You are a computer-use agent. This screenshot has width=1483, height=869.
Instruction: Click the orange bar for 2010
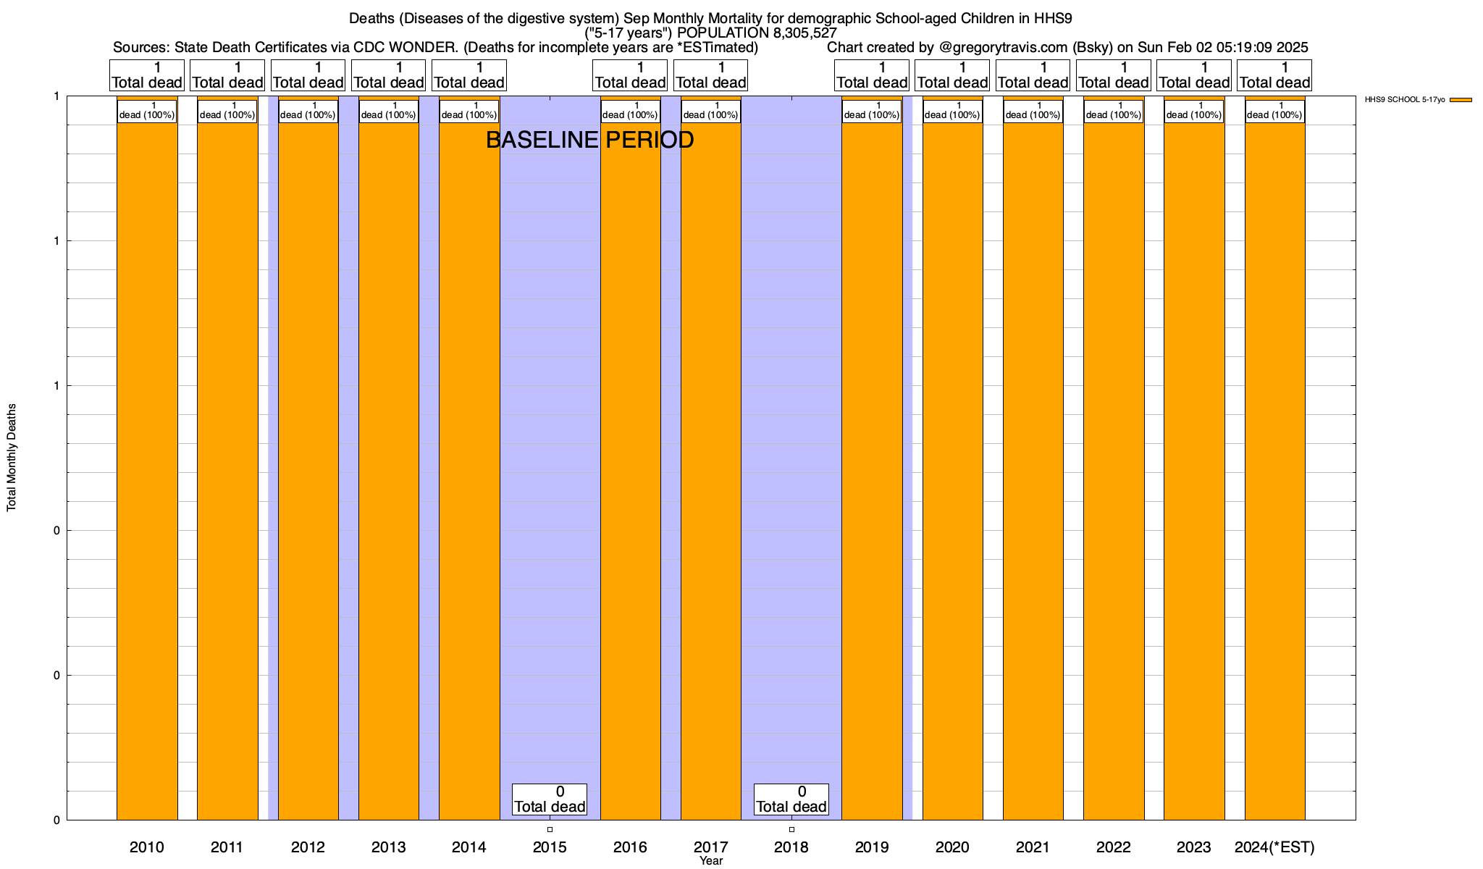coord(147,463)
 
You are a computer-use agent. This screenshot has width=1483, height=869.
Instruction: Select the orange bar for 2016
coord(630,463)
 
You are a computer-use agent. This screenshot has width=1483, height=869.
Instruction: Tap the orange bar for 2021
coord(1033,463)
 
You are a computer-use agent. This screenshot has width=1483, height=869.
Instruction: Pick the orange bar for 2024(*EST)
coord(1274,463)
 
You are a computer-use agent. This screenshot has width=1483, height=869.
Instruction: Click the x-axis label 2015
coord(550,847)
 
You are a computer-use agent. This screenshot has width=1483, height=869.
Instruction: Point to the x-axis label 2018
coord(791,847)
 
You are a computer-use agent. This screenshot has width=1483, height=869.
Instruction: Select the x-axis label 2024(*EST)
coord(1274,847)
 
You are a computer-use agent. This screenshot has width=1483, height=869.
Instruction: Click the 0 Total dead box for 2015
coord(550,799)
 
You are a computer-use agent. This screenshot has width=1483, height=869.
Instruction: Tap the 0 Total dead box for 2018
coord(791,799)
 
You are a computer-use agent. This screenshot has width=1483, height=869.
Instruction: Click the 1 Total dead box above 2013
coord(388,75)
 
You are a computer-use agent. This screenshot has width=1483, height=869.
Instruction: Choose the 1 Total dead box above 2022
coord(1114,75)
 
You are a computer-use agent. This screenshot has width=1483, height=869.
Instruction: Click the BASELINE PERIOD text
coord(589,140)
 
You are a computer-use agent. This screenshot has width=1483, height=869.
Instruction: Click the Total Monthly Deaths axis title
coord(12,458)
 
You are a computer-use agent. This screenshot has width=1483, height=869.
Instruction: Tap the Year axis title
coord(711,861)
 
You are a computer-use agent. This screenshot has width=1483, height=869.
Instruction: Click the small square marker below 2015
coord(550,829)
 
